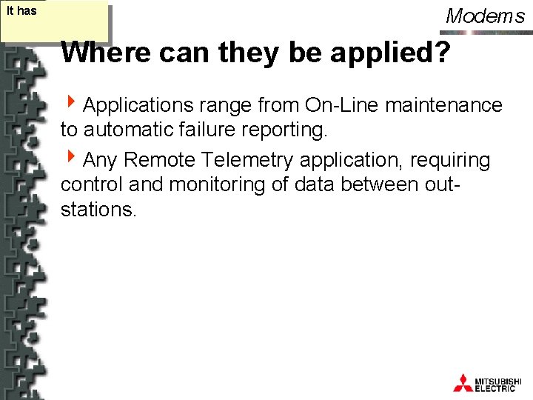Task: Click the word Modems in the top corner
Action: (x=485, y=16)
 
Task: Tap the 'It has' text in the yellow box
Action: (x=21, y=11)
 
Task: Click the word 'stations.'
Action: (x=98, y=210)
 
